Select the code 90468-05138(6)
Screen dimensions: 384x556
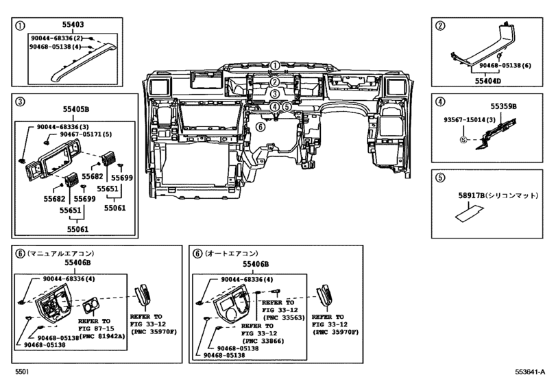tap(507, 66)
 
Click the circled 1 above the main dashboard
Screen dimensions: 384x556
tap(274, 66)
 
